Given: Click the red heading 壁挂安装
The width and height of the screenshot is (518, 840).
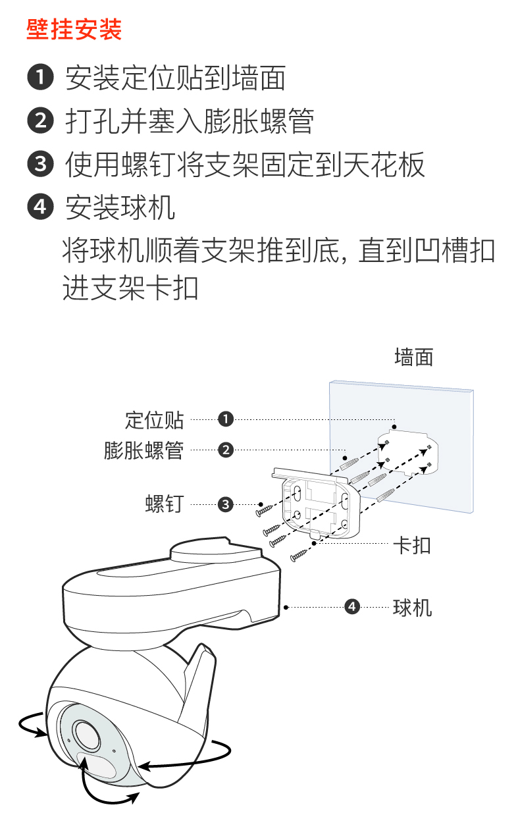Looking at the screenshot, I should (74, 30).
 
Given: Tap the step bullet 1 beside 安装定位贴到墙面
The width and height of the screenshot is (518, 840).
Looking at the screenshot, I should (40, 78).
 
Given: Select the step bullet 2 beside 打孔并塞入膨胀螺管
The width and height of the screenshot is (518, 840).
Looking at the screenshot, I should (40, 120).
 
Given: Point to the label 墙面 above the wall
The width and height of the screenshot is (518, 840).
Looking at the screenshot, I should (413, 357).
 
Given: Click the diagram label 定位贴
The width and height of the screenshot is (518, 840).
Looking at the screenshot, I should (155, 419).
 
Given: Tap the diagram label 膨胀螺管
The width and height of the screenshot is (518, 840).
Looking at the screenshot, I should (143, 451).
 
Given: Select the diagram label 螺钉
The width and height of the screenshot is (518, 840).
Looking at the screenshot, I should (165, 505).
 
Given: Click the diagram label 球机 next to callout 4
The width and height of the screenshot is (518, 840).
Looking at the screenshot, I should (412, 606).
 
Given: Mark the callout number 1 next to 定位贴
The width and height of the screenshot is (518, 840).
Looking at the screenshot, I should (226, 419).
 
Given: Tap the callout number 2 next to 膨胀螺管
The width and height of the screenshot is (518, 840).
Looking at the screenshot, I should (226, 451).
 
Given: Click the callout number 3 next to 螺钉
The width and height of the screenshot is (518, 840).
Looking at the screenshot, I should (226, 505).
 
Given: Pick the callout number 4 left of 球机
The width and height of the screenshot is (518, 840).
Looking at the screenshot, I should (353, 606).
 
